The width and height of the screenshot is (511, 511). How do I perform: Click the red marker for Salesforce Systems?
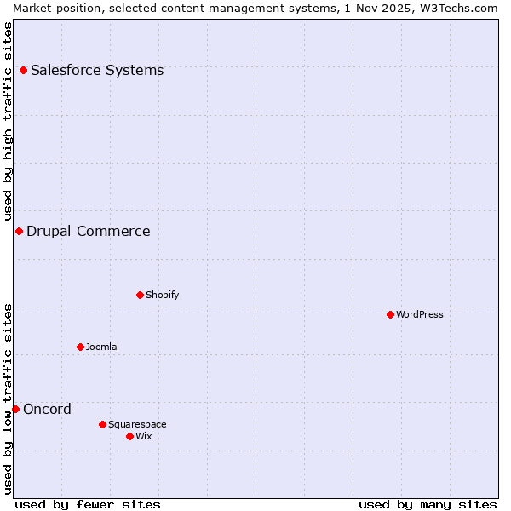(23, 70)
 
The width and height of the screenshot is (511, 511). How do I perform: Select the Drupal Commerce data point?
(19, 231)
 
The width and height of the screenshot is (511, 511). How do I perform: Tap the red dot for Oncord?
(15, 409)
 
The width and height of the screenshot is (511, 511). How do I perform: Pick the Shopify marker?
(140, 295)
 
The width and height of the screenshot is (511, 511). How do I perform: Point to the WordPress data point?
(390, 314)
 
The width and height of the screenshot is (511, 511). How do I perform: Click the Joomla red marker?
(80, 347)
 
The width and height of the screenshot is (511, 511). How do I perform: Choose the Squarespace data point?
(102, 424)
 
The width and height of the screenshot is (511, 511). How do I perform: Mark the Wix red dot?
(129, 436)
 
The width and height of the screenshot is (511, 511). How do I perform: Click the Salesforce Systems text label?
(97, 70)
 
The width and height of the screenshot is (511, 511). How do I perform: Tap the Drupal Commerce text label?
(89, 231)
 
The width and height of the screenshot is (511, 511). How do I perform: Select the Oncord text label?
(48, 409)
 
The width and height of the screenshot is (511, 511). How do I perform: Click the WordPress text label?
(420, 314)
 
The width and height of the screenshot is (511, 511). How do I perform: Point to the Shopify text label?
(163, 295)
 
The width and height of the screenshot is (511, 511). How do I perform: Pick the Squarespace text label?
(137, 424)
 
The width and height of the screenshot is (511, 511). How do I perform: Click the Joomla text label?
(101, 347)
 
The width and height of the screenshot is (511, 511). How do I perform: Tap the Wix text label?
(144, 436)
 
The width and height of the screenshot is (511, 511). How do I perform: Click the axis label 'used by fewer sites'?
(88, 504)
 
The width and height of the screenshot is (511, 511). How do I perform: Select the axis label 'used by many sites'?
(428, 504)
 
